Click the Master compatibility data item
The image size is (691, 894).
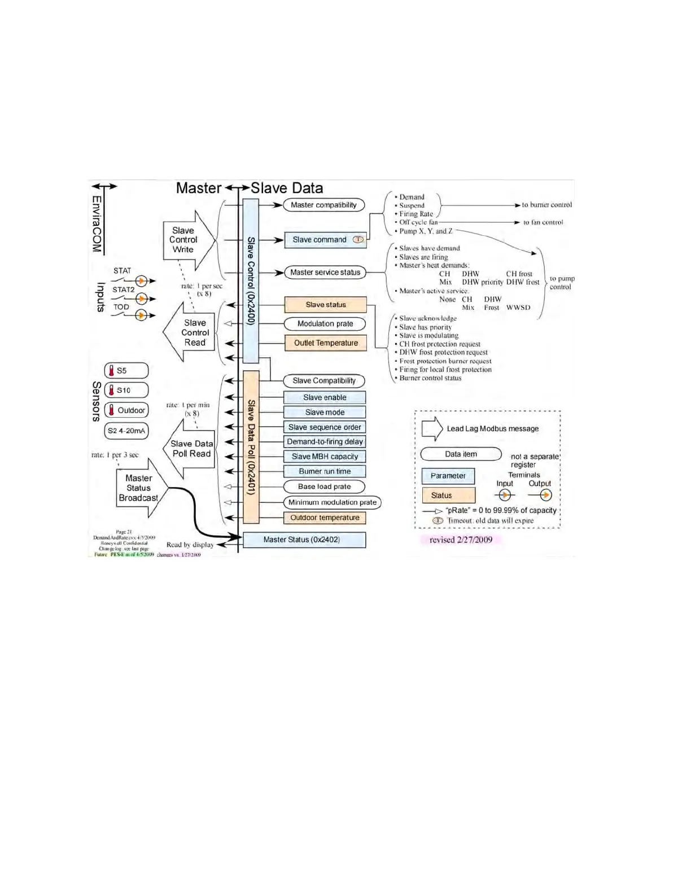pos(323,205)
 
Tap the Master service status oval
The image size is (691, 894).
pos(325,273)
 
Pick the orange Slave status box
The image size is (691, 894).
pos(326,305)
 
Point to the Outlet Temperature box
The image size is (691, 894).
pos(326,343)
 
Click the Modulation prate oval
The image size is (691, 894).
pos(325,324)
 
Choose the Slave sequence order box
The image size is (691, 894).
pos(325,427)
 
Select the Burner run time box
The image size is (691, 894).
pos(325,471)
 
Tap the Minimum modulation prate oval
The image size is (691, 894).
pos(332,502)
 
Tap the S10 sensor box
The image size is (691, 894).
pos(126,390)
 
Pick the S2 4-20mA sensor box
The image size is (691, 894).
pos(126,431)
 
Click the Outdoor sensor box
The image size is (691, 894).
pos(126,410)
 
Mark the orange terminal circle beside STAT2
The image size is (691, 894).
pos(143,298)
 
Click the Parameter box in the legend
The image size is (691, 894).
pos(448,476)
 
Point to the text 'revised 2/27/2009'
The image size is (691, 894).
pos(461,540)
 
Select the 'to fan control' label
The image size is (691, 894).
pos(543,222)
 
